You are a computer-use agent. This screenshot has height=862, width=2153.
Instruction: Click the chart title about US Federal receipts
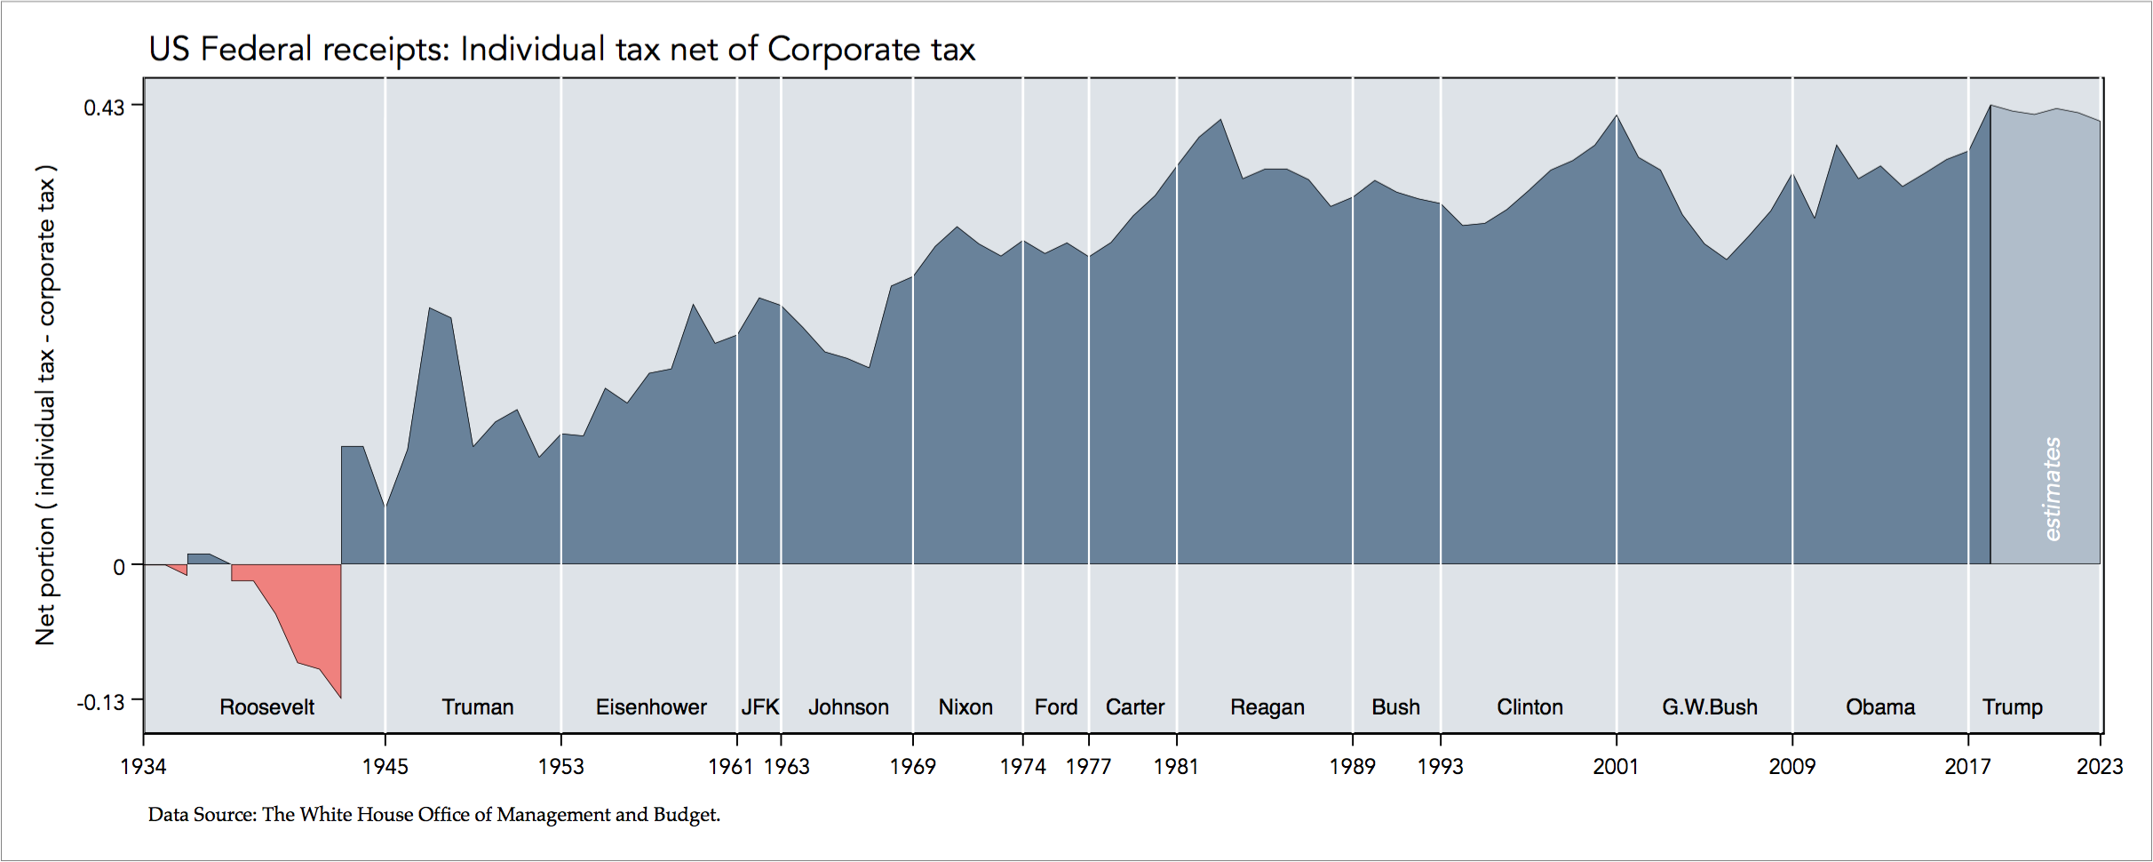click(561, 50)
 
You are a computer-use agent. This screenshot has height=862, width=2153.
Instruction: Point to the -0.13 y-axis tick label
click(100, 703)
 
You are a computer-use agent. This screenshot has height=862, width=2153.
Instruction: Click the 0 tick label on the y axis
click(119, 567)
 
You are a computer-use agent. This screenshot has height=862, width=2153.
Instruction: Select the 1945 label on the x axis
click(385, 766)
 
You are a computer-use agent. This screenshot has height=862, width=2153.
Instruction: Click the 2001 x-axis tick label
click(1616, 766)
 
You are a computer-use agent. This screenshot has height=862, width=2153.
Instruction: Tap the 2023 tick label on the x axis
click(2099, 766)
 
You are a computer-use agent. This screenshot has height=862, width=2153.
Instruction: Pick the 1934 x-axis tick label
click(143, 766)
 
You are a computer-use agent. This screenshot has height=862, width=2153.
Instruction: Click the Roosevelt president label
click(266, 707)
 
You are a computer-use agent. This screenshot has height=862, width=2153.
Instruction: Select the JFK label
click(760, 707)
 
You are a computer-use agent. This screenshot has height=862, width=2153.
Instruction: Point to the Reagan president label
click(1267, 707)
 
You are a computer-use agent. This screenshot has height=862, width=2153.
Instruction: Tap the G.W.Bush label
click(1710, 707)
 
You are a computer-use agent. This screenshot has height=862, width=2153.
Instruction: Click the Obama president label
click(1880, 707)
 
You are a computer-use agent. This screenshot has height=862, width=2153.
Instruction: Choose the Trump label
click(2013, 707)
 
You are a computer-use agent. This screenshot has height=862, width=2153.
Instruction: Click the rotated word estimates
click(2052, 489)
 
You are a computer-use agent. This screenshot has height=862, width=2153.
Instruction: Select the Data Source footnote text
click(433, 814)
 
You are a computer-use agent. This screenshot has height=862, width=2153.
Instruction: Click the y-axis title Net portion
click(46, 404)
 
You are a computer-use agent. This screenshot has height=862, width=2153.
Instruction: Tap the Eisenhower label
click(651, 707)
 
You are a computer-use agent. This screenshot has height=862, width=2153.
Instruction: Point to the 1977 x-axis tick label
click(1088, 766)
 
